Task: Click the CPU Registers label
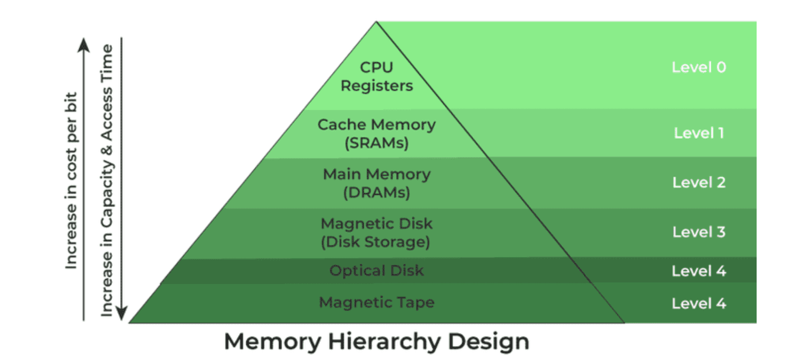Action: [376, 76]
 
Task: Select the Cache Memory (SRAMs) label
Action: [376, 134]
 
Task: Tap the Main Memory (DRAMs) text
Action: [376, 183]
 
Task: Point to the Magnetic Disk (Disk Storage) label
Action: [376, 232]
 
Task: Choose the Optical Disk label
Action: [376, 271]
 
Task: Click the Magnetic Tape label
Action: [376, 302]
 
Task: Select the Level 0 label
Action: [699, 68]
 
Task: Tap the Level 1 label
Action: [699, 133]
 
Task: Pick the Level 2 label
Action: [699, 183]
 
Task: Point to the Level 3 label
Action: [699, 232]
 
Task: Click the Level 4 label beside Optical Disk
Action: [699, 271]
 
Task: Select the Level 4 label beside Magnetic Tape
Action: [699, 304]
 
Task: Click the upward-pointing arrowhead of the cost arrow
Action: [83, 45]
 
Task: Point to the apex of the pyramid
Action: [376, 22]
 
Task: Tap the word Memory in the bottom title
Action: [271, 342]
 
